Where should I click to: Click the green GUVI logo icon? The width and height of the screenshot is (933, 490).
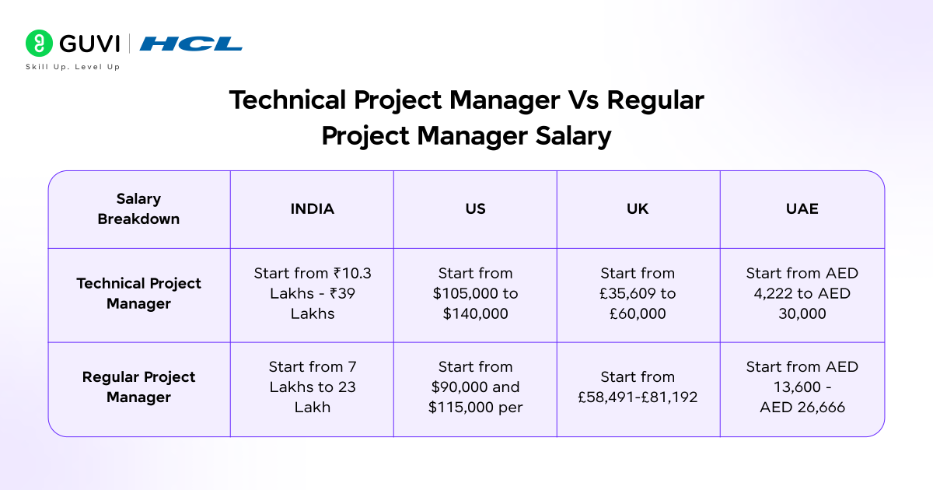tap(38, 43)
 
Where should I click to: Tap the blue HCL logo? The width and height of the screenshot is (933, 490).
tap(190, 44)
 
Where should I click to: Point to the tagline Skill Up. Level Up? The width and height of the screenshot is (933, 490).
tap(73, 67)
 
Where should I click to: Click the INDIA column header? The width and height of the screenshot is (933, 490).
tap(312, 209)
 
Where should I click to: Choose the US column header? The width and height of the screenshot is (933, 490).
tap(475, 209)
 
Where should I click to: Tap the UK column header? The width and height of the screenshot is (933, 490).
tap(638, 209)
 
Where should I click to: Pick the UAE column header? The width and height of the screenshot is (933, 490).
tap(802, 209)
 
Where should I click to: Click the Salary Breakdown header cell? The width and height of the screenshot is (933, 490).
tap(138, 209)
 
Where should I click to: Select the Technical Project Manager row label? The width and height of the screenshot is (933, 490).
tap(138, 293)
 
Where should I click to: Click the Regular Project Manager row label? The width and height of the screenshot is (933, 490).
tap(138, 387)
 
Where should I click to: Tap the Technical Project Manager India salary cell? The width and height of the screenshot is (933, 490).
tap(312, 293)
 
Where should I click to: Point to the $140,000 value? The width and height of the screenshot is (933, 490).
tap(475, 313)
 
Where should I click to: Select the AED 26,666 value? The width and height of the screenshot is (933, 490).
tap(802, 407)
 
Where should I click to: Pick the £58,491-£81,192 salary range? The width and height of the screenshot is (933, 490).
tap(638, 397)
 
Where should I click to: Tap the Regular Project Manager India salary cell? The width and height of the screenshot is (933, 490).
tap(312, 387)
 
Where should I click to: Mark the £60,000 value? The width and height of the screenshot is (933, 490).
tap(638, 313)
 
